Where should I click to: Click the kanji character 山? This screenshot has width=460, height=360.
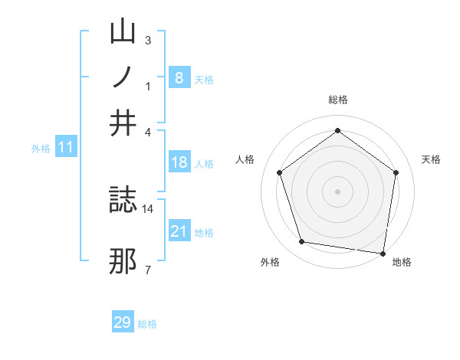pyautogui.click(x=123, y=31)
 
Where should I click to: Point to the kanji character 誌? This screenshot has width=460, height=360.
pyautogui.click(x=123, y=201)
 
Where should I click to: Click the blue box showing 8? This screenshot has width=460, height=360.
pyautogui.click(x=179, y=77)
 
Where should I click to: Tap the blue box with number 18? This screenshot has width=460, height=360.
pyautogui.click(x=179, y=162)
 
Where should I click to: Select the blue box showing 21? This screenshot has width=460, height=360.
pyautogui.click(x=179, y=231)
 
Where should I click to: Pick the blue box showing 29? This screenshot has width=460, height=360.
pyautogui.click(x=123, y=322)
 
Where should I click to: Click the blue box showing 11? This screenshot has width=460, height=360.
pyautogui.click(x=65, y=147)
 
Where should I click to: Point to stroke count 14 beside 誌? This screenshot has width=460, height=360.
pyautogui.click(x=148, y=208)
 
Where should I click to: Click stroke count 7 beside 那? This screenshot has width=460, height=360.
pyautogui.click(x=147, y=270)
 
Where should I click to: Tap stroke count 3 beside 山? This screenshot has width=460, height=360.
pyautogui.click(x=147, y=40)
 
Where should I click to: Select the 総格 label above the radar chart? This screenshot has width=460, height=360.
pyautogui.click(x=338, y=100)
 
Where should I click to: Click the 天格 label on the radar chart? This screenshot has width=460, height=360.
pyautogui.click(x=431, y=159)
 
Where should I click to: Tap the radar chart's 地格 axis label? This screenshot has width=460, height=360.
pyautogui.click(x=402, y=262)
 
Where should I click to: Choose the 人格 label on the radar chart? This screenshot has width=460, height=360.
pyautogui.click(x=245, y=159)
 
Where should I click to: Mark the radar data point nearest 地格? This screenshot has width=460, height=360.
pyautogui.click(x=383, y=253)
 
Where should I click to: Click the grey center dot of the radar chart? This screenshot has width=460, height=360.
pyautogui.click(x=338, y=191)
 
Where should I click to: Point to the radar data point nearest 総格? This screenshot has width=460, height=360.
pyautogui.click(x=338, y=131)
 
